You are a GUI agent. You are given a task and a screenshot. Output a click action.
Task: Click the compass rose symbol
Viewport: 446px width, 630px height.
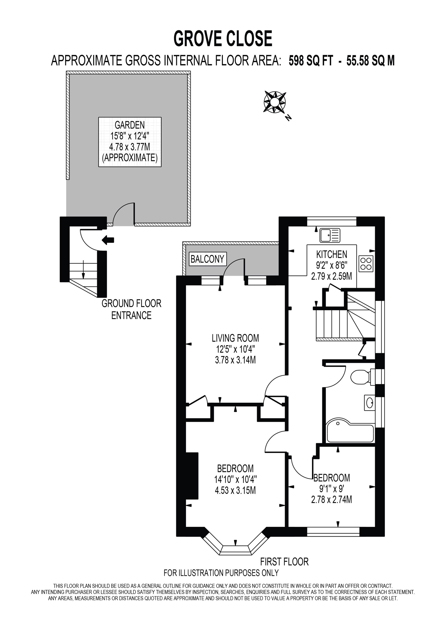click(x=275, y=102)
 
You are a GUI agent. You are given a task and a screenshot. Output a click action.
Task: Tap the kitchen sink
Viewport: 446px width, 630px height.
click(x=330, y=235)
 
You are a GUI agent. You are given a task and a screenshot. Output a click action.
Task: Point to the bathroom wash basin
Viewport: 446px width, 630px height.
click(x=370, y=403)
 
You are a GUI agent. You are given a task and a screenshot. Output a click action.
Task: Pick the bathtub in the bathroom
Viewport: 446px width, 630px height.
click(x=350, y=431)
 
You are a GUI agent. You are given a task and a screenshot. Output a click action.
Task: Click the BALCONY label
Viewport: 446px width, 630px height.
click(x=207, y=259)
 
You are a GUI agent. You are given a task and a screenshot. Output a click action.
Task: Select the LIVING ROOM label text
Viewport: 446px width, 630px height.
click(x=235, y=338)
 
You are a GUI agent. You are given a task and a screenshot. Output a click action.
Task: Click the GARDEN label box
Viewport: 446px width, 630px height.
click(x=130, y=142)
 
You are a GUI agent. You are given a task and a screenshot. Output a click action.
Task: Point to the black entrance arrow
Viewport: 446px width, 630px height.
click(x=108, y=240)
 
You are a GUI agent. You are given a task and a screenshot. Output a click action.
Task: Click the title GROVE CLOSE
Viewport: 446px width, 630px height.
click(x=223, y=39)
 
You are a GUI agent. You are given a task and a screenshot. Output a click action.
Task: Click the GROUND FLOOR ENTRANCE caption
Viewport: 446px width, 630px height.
click(x=131, y=309)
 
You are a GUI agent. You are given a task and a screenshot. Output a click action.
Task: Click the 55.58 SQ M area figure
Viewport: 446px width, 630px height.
click(x=370, y=61)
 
